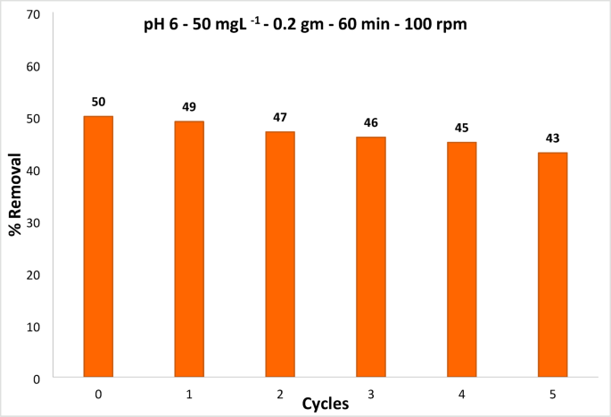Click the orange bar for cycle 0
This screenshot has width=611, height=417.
coord(98,246)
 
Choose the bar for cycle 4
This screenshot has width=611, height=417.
coord(462,260)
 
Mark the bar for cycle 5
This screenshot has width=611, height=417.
coord(552,265)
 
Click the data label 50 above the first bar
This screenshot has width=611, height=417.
coord(98,103)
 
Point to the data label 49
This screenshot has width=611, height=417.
coord(189,108)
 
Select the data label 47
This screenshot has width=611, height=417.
coord(280,118)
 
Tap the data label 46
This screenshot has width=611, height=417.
coord(371,123)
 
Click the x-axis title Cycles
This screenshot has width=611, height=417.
coord(325,403)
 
